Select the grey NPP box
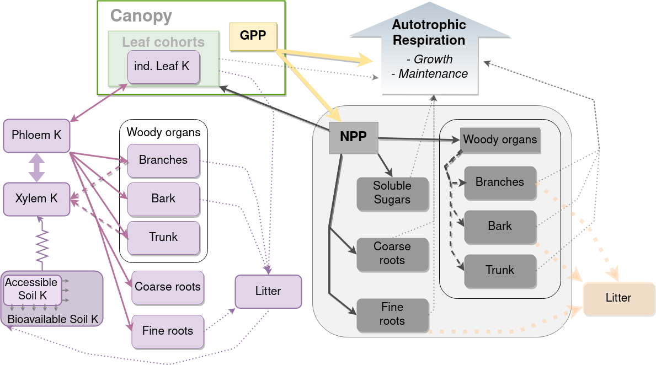(353, 137)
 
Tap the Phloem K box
(36, 135)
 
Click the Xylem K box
(36, 198)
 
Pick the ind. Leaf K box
(163, 67)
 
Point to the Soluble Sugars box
(392, 193)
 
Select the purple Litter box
(268, 291)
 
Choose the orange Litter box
(618, 298)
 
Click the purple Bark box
(163, 199)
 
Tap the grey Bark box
(500, 226)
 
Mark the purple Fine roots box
(168, 331)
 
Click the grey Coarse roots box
(392, 254)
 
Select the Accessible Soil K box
(31, 289)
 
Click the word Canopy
(141, 16)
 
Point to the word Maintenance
(433, 74)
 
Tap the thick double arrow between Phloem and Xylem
(36, 167)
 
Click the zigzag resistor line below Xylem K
(42, 245)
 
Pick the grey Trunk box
(500, 270)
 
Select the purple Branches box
(163, 160)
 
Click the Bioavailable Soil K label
(53, 319)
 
